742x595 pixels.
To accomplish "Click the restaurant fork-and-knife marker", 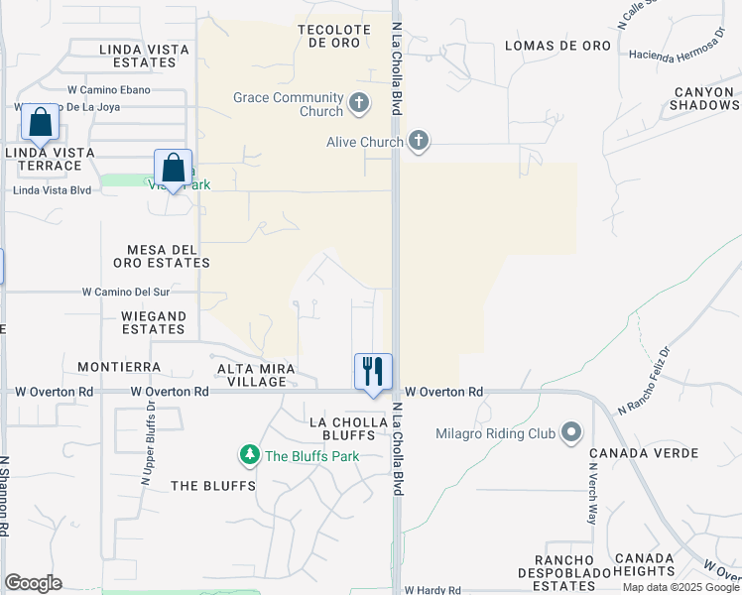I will [x=374, y=372].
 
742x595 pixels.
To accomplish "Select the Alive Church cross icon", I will [x=419, y=141].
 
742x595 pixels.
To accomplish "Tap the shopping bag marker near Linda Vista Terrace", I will [x=41, y=122].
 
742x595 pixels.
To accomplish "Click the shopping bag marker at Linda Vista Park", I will [x=173, y=167].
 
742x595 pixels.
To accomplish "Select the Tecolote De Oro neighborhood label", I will [x=334, y=37].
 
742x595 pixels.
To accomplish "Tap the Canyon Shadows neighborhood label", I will [x=705, y=98].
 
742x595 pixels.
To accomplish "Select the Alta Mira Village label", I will [x=258, y=374].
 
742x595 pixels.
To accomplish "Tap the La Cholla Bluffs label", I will [x=332, y=428].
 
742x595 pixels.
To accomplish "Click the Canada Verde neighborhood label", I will [x=631, y=454].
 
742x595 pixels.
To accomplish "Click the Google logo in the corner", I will [x=33, y=583].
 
